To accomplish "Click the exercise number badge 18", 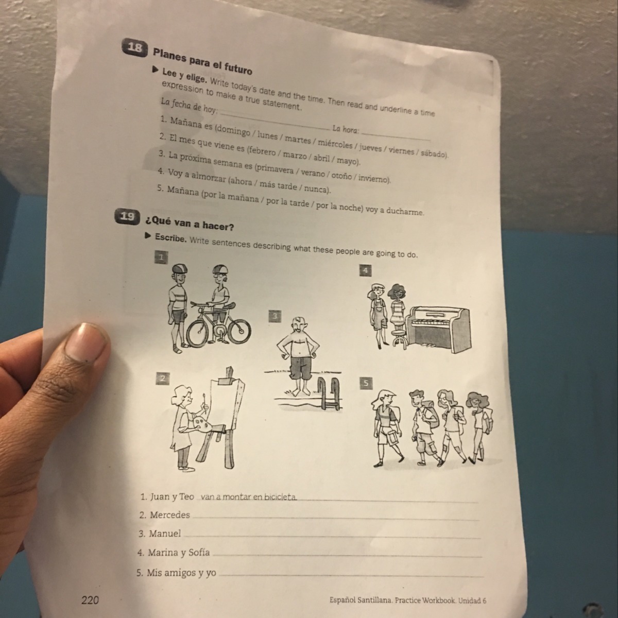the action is click(135, 47).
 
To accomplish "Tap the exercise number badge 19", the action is click(128, 217).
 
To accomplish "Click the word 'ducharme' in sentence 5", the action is click(405, 211).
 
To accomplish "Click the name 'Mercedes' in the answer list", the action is click(170, 515).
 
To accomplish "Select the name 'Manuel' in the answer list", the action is click(165, 534).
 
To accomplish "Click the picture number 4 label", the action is click(366, 270).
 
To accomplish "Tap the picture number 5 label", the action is click(366, 383).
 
